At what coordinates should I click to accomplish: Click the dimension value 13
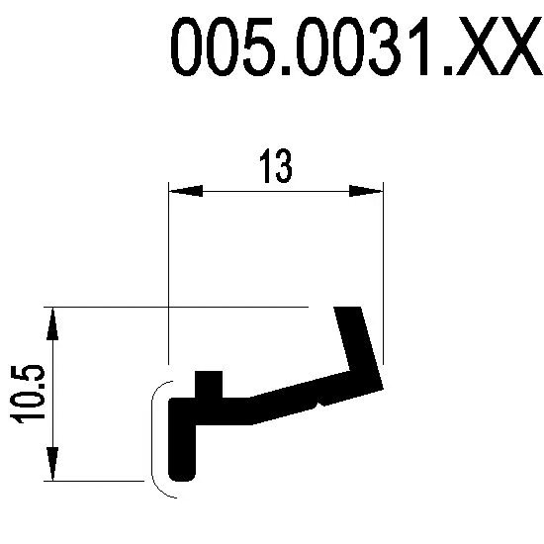[276, 166]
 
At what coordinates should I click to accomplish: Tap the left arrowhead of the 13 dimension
[186, 191]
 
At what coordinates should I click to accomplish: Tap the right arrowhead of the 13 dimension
[366, 191]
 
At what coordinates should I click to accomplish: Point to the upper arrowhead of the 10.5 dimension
[52, 323]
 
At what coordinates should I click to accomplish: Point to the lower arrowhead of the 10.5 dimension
[52, 464]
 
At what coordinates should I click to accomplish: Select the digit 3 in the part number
[384, 46]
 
